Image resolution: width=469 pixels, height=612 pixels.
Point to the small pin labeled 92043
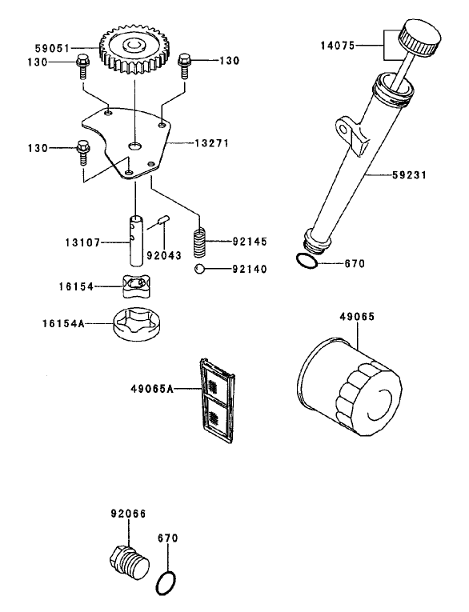point(163,218)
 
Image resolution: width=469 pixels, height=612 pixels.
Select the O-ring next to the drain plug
point(167,583)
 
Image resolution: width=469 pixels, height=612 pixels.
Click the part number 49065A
point(152,389)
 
